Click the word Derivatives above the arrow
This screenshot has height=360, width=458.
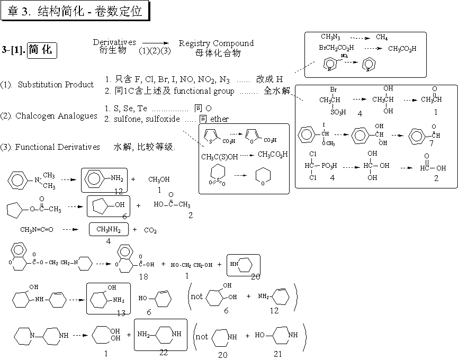(x=114, y=42)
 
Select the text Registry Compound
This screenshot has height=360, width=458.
(x=216, y=43)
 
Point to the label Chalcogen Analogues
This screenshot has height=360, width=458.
(x=56, y=116)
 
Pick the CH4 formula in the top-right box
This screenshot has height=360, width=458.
(x=381, y=37)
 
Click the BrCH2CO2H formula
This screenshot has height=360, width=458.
(x=336, y=48)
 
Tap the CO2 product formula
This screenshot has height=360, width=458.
(x=150, y=230)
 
